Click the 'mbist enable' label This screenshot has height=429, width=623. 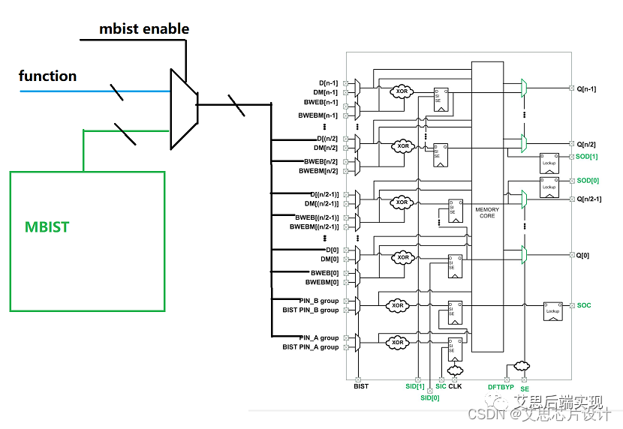[144, 29]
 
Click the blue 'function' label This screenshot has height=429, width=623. [47, 76]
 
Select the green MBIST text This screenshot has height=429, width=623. [47, 226]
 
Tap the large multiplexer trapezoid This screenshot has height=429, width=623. [183, 109]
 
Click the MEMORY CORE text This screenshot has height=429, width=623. [486, 212]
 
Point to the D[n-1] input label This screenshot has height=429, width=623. [328, 82]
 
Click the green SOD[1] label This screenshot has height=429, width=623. [587, 156]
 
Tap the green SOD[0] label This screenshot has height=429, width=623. [587, 181]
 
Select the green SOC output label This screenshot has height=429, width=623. [584, 305]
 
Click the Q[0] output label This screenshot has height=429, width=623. [582, 255]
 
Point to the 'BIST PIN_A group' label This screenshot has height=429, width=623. [310, 347]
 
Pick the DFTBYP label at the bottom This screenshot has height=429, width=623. [501, 387]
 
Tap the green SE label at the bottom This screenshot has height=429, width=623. [524, 389]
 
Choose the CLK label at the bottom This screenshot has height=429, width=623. [455, 385]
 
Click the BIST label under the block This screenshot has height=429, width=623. [360, 385]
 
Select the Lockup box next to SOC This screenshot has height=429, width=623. [552, 310]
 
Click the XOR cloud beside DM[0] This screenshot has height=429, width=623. [404, 257]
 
